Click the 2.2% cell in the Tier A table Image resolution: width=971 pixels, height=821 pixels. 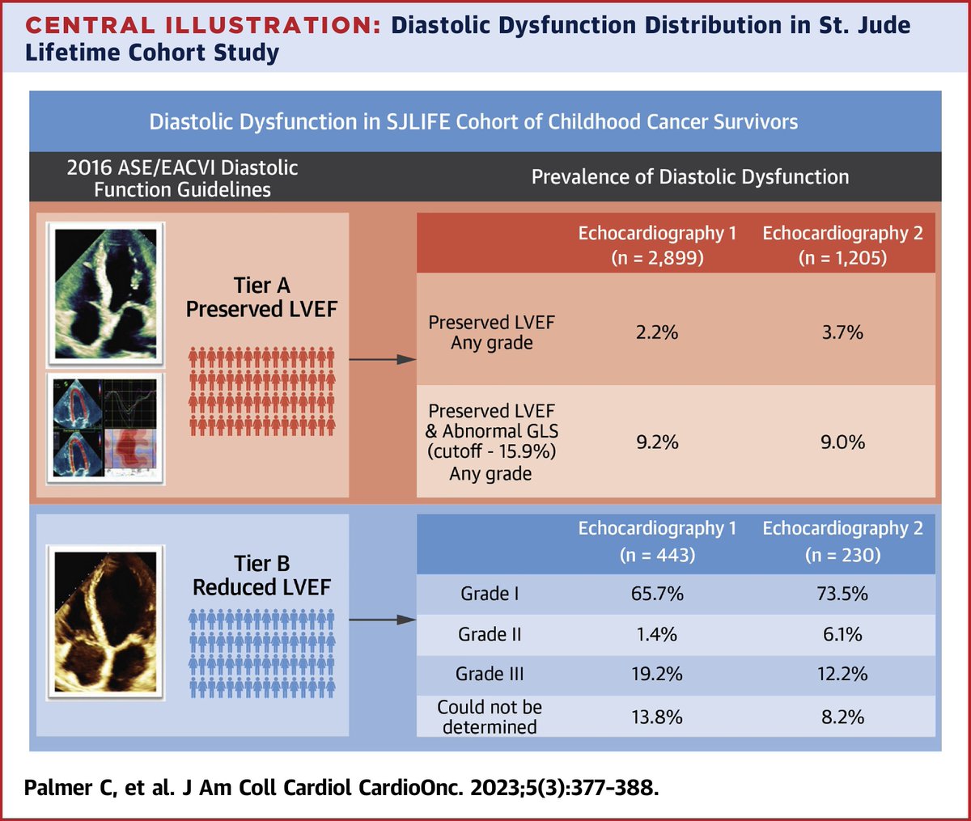tap(657, 332)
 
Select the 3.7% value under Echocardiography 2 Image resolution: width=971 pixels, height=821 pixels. tap(842, 332)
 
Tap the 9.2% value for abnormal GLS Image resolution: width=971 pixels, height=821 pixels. tap(657, 442)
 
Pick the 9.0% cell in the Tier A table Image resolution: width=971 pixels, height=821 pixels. tap(842, 442)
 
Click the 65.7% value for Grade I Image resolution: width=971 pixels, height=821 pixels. tap(657, 594)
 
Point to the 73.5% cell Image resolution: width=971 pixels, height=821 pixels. tap(842, 594)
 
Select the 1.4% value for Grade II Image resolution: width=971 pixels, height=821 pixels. tap(657, 635)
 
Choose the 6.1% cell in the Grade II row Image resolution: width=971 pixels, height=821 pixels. tap(842, 635)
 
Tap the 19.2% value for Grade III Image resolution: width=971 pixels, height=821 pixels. tap(657, 675)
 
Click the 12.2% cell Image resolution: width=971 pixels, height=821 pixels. tap(842, 675)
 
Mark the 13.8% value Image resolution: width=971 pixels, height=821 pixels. tap(657, 717)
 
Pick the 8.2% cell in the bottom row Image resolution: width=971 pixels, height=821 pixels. tap(842, 717)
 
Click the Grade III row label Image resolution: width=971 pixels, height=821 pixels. tap(490, 675)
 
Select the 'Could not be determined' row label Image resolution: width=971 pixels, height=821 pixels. tap(490, 717)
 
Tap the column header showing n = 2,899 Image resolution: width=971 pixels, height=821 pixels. tap(657, 245)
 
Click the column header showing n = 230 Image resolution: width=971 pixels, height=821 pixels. tap(842, 541)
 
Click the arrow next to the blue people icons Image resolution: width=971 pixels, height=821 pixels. tap(382, 620)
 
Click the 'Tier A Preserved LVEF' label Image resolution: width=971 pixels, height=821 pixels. tap(261, 297)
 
